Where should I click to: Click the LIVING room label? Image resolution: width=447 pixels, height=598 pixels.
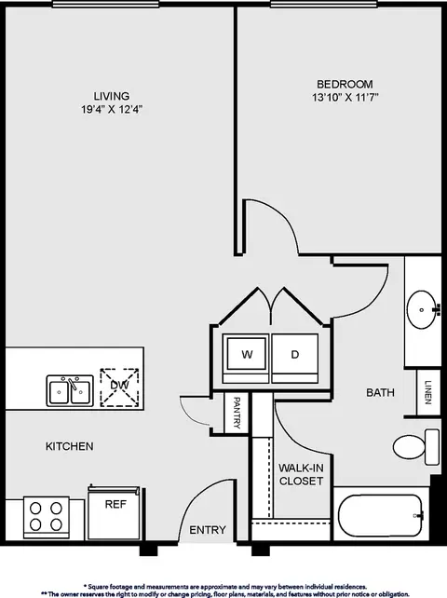pos(112,96)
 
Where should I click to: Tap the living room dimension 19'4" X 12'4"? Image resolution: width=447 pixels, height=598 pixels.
pos(112,110)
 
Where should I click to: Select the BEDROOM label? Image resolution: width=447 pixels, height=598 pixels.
pos(345,84)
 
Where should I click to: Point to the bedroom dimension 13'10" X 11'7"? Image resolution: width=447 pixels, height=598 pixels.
pos(345,97)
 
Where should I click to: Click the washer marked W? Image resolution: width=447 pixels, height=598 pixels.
pos(247,359)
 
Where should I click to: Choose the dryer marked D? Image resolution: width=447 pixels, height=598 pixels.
pos(295,359)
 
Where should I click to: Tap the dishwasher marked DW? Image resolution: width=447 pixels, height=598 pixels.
pos(119,387)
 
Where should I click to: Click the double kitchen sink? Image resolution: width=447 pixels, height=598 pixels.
pos(70,391)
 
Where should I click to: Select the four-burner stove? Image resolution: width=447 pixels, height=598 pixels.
pos(47,517)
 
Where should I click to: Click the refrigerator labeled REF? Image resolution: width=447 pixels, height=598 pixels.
pos(114,512)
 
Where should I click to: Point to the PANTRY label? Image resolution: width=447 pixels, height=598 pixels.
pos(237,413)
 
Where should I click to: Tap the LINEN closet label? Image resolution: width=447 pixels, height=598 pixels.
pos(427,392)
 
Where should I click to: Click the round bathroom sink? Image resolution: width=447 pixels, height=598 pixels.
pos(421,309)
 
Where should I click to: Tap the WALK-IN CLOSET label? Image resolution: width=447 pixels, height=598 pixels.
pos(301,474)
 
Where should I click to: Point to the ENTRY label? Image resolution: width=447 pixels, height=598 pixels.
pos(208,530)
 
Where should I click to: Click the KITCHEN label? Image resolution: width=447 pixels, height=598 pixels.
pos(70,446)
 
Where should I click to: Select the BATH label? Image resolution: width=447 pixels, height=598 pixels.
pos(380,392)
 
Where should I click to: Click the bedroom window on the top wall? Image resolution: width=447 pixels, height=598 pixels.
pos(324,4)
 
